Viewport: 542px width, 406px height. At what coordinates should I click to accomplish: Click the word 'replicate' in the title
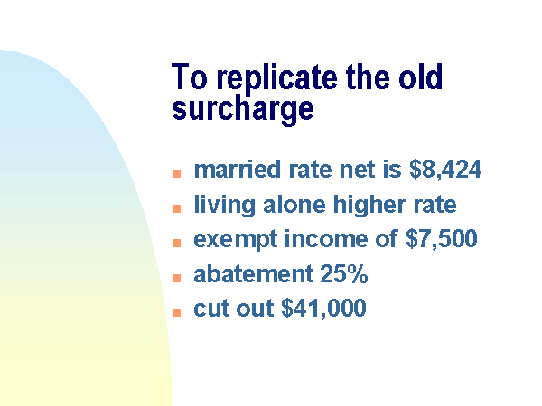[x=277, y=79]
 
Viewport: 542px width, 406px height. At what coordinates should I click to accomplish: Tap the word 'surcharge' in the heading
[x=243, y=110]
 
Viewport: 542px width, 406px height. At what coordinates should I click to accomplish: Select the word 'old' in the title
[x=420, y=77]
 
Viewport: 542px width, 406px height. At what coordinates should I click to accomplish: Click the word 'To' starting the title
[x=190, y=77]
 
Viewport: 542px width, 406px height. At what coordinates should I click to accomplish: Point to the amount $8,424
[x=445, y=170]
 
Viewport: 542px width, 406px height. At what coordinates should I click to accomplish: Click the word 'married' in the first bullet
[x=237, y=170]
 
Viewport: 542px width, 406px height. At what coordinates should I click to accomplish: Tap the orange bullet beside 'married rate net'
[x=177, y=173]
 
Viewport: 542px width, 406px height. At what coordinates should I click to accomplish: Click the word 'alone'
[x=294, y=205]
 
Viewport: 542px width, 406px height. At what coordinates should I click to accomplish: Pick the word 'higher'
[x=369, y=205]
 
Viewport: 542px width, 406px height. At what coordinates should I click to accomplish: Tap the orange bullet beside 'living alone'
[x=177, y=208]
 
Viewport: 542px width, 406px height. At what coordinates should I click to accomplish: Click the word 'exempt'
[x=236, y=240]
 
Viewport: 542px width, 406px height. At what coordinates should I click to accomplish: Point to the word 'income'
[x=325, y=238]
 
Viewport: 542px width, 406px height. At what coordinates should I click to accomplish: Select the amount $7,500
[x=442, y=238]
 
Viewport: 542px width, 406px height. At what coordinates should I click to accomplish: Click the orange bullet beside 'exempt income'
[x=177, y=243]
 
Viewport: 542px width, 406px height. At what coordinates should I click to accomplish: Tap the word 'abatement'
[x=253, y=274]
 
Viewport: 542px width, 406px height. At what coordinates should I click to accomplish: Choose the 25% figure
[x=344, y=274]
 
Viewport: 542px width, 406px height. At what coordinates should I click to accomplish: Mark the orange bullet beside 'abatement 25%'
[x=177, y=278]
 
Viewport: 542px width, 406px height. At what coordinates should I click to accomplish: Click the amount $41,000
[x=324, y=308]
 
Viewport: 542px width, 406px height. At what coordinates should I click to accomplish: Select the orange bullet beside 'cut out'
[x=177, y=312]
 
